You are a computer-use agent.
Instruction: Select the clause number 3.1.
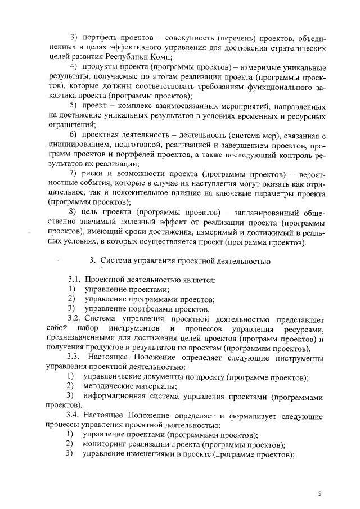click(76, 280)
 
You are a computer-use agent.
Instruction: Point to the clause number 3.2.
click(76, 318)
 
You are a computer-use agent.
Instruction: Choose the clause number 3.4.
click(76, 416)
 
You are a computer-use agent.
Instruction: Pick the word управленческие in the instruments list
click(112, 377)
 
